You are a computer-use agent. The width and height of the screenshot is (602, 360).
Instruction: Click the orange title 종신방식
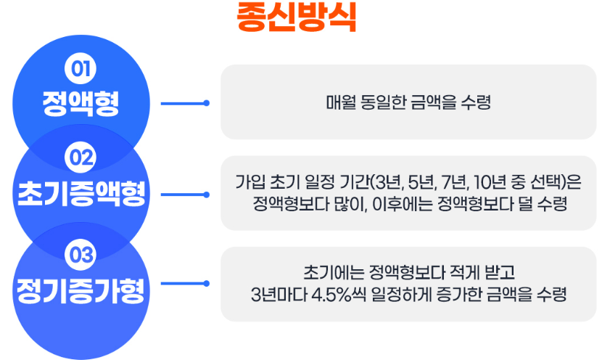(x=297, y=17)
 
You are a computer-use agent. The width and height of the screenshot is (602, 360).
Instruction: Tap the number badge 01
(x=81, y=69)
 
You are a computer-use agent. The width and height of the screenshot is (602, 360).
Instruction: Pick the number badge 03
(x=81, y=255)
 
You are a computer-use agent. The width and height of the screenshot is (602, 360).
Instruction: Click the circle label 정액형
(x=81, y=103)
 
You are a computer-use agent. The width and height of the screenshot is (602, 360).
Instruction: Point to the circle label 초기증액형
(x=81, y=195)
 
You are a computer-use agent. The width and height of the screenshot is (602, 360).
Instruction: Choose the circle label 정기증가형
(x=81, y=292)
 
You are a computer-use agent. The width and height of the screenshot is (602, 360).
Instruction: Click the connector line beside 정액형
(x=184, y=103)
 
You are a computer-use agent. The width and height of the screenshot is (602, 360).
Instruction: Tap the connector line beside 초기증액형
(x=184, y=195)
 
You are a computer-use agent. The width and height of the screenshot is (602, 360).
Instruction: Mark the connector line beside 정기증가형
(x=184, y=284)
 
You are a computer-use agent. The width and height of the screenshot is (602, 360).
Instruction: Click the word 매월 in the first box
(x=339, y=102)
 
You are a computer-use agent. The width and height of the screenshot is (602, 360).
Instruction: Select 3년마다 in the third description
(x=271, y=295)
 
